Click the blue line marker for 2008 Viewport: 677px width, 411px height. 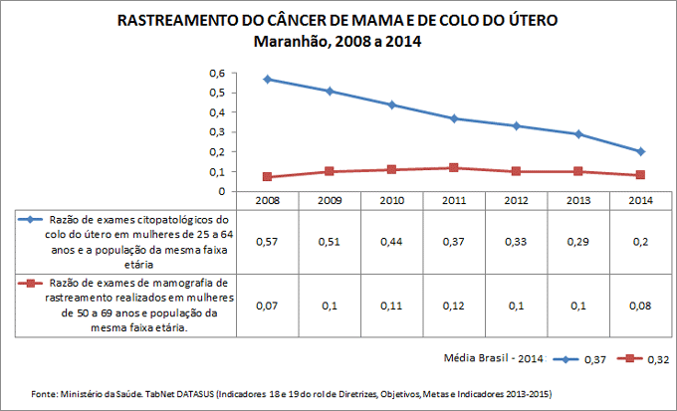pos(268,79)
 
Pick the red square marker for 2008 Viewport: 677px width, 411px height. pos(268,177)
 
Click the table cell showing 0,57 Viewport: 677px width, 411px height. pos(268,242)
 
